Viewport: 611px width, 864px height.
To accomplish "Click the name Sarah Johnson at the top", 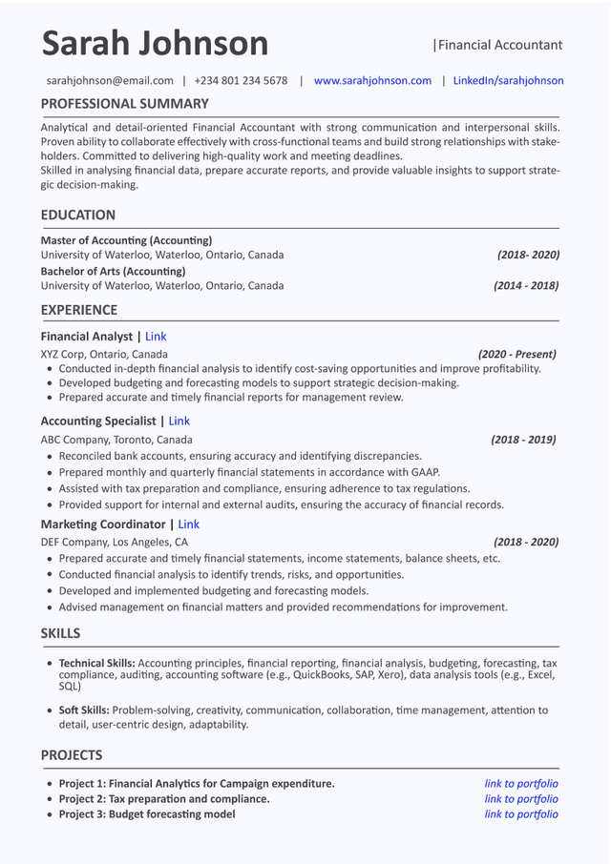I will pyautogui.click(x=155, y=44).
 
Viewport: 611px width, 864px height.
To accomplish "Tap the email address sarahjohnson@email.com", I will pyautogui.click(x=110, y=81).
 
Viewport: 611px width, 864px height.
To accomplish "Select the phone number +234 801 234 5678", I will pyautogui.click(x=241, y=81).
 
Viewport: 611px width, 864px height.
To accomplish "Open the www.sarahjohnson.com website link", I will pyautogui.click(x=372, y=81).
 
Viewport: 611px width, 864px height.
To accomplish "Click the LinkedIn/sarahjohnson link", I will pyautogui.click(x=508, y=81).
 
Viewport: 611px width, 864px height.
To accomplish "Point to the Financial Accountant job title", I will pyautogui.click(x=499, y=45).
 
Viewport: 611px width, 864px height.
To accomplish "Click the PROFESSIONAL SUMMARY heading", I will pyautogui.click(x=124, y=104).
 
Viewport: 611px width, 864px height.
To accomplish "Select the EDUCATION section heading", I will pyautogui.click(x=77, y=216).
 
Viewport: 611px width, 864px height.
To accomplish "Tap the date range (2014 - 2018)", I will pyautogui.click(x=526, y=286).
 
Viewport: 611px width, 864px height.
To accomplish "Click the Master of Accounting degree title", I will pyautogui.click(x=126, y=240).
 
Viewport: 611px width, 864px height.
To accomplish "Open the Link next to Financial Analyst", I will pyautogui.click(x=156, y=337).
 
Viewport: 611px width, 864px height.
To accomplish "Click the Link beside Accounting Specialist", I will pyautogui.click(x=179, y=422).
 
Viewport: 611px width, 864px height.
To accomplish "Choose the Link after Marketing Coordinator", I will pyautogui.click(x=188, y=525).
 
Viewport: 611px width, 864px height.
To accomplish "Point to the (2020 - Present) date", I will pyautogui.click(x=516, y=355).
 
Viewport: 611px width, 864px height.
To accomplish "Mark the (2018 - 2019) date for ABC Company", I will pyautogui.click(x=523, y=441).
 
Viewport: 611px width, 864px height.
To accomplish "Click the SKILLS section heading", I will pyautogui.click(x=60, y=634).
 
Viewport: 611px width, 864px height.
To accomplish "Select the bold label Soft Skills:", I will pyautogui.click(x=84, y=710).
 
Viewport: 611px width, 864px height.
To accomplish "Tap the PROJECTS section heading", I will pyautogui.click(x=71, y=755).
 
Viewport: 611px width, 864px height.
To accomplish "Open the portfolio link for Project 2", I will pyautogui.click(x=521, y=799).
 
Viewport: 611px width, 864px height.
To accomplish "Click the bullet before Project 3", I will pyautogui.click(x=50, y=815).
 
